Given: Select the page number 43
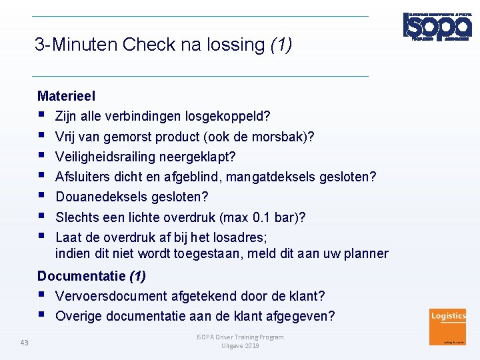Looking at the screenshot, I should tap(25, 343).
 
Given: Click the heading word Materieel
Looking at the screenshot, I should tap(67, 97).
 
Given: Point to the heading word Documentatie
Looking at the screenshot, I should tap(81, 276).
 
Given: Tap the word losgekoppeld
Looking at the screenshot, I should tap(231, 117).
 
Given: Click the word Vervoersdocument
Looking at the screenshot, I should tap(111, 296).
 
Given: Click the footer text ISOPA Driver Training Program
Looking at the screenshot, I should tap(240, 337).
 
